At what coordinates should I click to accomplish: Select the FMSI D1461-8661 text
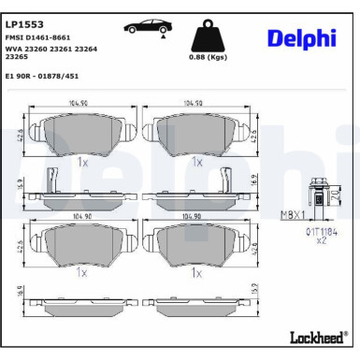(37, 36)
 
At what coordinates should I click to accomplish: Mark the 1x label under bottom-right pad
(197, 273)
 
